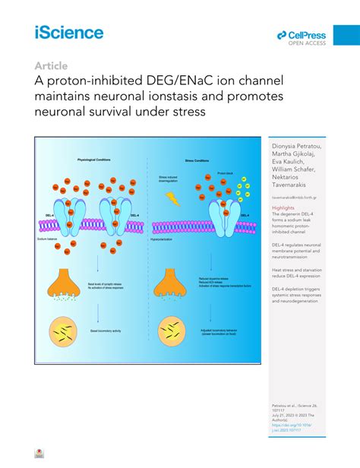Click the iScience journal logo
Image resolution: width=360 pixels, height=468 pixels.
pyautogui.click(x=68, y=33)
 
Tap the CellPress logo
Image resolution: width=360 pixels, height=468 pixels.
pyautogui.click(x=302, y=35)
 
